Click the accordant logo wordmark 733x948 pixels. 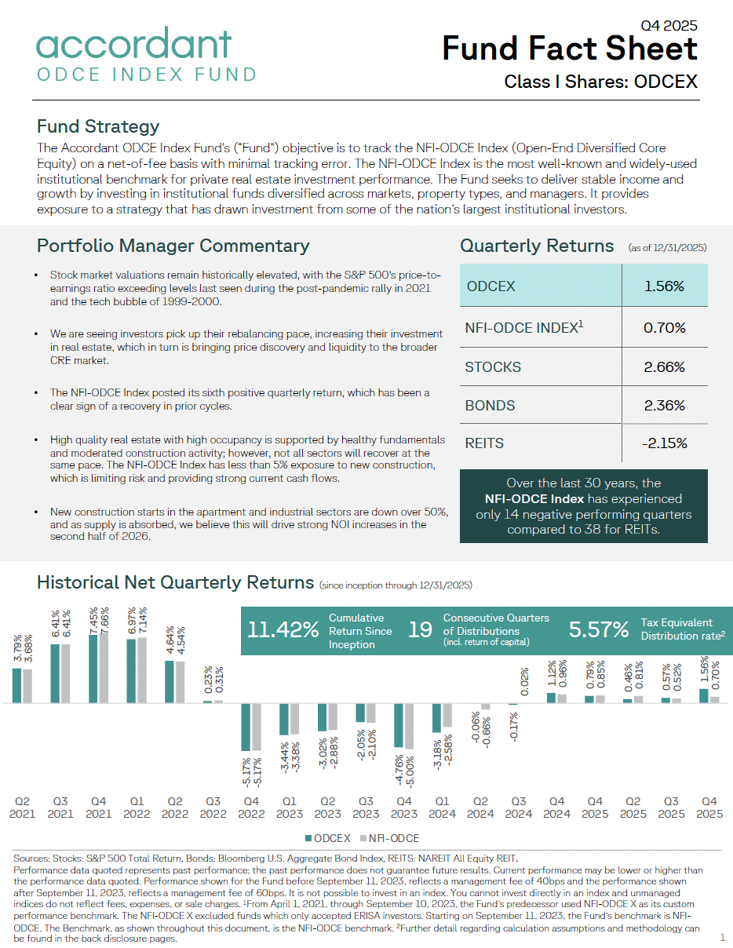coord(134,44)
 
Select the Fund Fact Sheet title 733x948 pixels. coord(570,49)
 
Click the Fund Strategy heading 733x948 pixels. coord(98,126)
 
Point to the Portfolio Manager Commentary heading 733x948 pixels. coord(173,246)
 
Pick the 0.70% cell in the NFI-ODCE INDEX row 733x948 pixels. coord(664,328)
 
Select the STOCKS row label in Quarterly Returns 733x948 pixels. coord(493,367)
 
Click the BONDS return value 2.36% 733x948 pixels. coord(664,406)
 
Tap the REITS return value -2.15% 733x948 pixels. coord(664,443)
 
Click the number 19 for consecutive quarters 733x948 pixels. coord(421,630)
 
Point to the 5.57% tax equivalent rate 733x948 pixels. coord(599,630)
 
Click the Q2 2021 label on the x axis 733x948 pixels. coord(23,808)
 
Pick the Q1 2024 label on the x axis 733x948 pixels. coord(443,808)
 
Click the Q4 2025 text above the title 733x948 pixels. coord(669,26)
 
